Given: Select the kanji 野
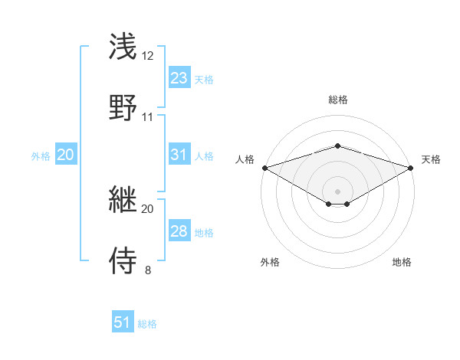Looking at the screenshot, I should click(124, 108).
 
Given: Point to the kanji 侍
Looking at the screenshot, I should click(124, 260).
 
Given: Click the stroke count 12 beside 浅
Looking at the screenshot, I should click(148, 57).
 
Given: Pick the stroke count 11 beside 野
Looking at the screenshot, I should click(148, 117).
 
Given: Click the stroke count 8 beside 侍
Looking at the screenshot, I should click(148, 270).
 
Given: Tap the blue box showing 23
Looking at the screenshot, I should click(179, 77).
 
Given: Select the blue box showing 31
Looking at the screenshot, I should click(179, 155).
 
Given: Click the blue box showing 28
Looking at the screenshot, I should click(179, 231).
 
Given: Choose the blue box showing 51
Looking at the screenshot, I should click(123, 322).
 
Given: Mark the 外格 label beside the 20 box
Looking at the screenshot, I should click(41, 155).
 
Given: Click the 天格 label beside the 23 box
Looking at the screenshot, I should click(204, 79).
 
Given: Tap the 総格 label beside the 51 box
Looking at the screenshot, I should click(147, 324).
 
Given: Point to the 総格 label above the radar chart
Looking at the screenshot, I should click(337, 100).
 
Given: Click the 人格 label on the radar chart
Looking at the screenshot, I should click(245, 159).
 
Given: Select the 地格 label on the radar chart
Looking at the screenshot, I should click(402, 263).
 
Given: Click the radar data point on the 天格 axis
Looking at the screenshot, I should click(412, 168).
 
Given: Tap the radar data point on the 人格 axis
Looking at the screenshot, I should click(264, 168).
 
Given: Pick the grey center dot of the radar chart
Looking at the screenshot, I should click(337, 191).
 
